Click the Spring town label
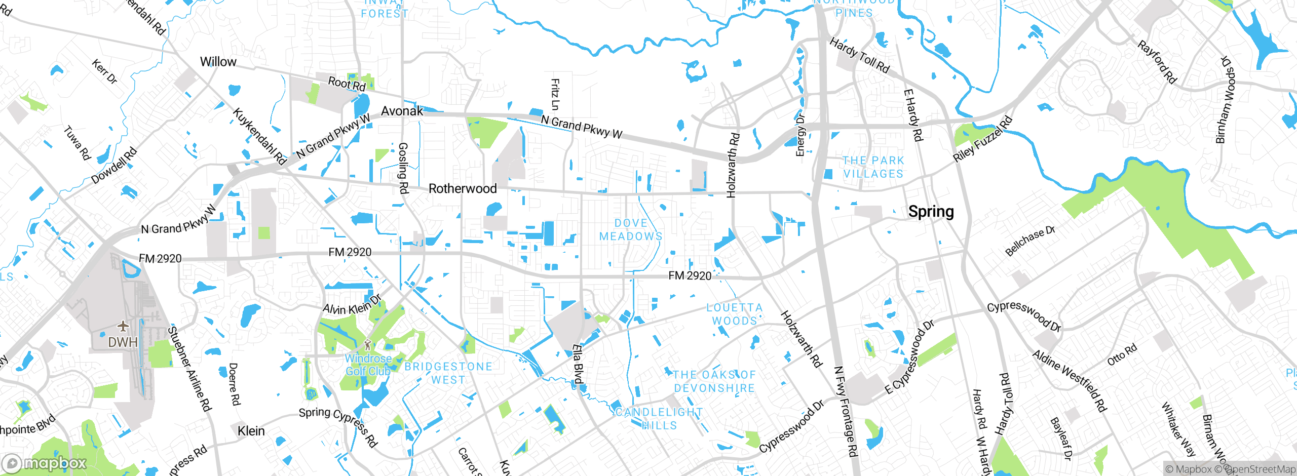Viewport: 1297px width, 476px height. pyautogui.click(x=931, y=212)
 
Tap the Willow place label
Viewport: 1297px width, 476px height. pyautogui.click(x=218, y=62)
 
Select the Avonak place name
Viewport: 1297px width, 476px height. pyautogui.click(x=402, y=111)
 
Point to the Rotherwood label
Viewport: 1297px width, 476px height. pyautogui.click(x=463, y=189)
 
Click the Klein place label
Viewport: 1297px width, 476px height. pyautogui.click(x=251, y=431)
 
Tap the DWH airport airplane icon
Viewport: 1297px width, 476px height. pyautogui.click(x=123, y=326)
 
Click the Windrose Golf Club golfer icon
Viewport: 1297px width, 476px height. pyautogui.click(x=368, y=345)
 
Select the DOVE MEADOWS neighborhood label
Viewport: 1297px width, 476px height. pyautogui.click(x=631, y=230)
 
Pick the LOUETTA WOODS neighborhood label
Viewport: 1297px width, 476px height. pyautogui.click(x=735, y=314)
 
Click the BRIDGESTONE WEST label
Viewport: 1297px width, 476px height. pyautogui.click(x=448, y=373)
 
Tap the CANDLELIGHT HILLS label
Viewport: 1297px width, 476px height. pyautogui.click(x=659, y=419)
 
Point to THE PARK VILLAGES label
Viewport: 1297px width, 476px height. pyautogui.click(x=873, y=167)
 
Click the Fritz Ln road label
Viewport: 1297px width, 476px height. pyautogui.click(x=555, y=95)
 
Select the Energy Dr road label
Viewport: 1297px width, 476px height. pyautogui.click(x=800, y=135)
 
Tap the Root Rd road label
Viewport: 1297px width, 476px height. pyautogui.click(x=347, y=84)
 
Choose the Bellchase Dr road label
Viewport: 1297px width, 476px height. pyautogui.click(x=1030, y=241)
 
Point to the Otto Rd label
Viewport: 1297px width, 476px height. pyautogui.click(x=1122, y=354)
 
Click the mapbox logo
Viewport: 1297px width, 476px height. pyautogui.click(x=45, y=463)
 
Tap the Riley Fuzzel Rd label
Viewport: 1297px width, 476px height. pyautogui.click(x=982, y=139)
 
